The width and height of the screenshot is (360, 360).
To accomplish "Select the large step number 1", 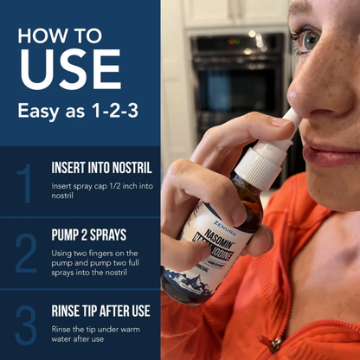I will [25, 183].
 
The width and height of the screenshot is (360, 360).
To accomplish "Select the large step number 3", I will [25, 321].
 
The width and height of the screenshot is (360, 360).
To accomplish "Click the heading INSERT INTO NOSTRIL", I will [101, 168].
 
